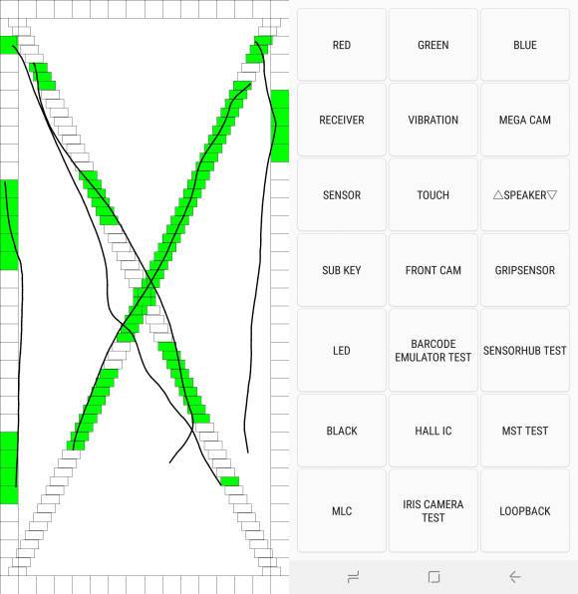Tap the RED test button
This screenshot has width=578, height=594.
(342, 45)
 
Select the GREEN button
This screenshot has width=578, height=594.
(433, 45)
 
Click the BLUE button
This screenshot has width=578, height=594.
(525, 45)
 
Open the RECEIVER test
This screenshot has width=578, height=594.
(342, 120)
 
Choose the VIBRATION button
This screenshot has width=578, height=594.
(433, 120)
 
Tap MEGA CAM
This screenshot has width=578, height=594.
(525, 120)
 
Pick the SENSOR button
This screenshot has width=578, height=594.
(342, 194)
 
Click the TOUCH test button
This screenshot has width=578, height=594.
(433, 194)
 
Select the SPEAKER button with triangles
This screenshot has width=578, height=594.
(525, 194)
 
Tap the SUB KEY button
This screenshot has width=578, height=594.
(342, 270)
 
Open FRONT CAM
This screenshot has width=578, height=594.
(433, 270)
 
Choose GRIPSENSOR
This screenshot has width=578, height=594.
(525, 270)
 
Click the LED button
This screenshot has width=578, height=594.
(342, 350)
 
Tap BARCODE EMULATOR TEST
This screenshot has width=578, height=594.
(433, 350)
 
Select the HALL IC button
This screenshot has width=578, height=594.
(433, 431)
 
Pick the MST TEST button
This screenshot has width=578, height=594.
(525, 431)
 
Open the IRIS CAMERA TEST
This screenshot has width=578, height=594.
(433, 510)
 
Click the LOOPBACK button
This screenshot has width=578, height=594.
(525, 510)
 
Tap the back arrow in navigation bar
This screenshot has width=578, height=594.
(515, 577)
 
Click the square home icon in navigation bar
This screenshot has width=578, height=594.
(434, 577)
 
